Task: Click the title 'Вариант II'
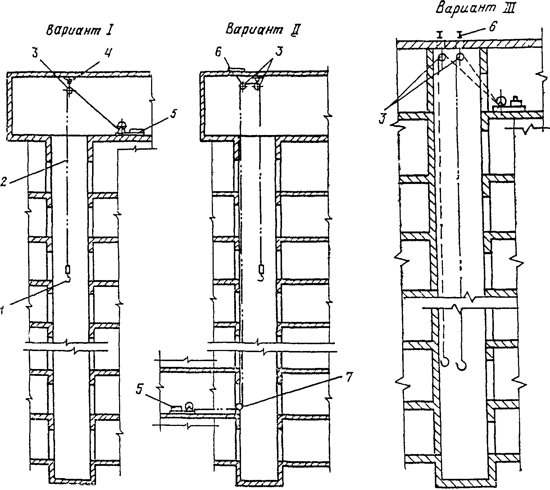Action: (263, 29)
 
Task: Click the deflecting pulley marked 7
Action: (239, 407)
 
